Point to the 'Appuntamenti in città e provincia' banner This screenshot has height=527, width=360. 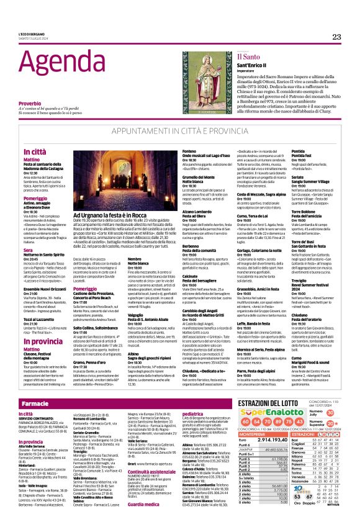[x=180, y=132]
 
